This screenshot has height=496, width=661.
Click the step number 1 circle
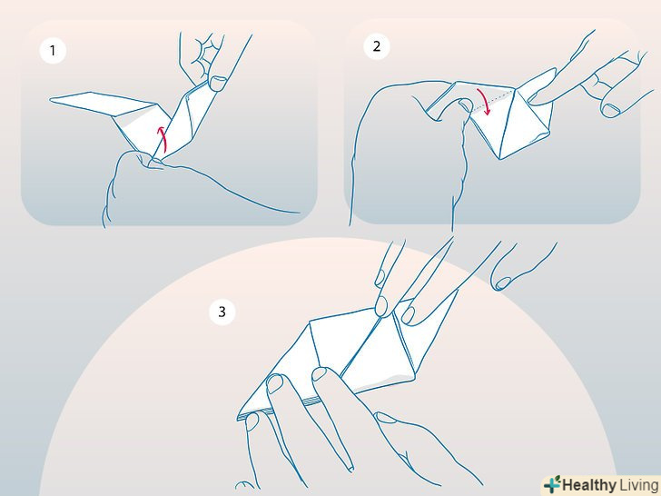[x=53, y=51]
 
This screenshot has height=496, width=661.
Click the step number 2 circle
[x=377, y=46]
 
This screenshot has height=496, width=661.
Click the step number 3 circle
[x=222, y=312]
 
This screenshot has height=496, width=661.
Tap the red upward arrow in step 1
[x=163, y=139]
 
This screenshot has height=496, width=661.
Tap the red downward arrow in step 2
[x=484, y=101]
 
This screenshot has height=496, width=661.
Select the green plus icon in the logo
[x=552, y=484]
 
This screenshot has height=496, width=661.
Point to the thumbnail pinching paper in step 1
[x=218, y=83]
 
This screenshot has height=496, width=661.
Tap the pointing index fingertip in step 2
[x=533, y=99]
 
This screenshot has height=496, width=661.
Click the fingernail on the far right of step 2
[x=610, y=111]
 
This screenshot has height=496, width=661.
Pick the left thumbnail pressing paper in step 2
[x=465, y=104]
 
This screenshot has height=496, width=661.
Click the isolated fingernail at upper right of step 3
[x=503, y=283]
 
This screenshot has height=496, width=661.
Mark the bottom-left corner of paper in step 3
[x=238, y=419]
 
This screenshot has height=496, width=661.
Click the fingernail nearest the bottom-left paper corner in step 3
[x=252, y=422]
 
